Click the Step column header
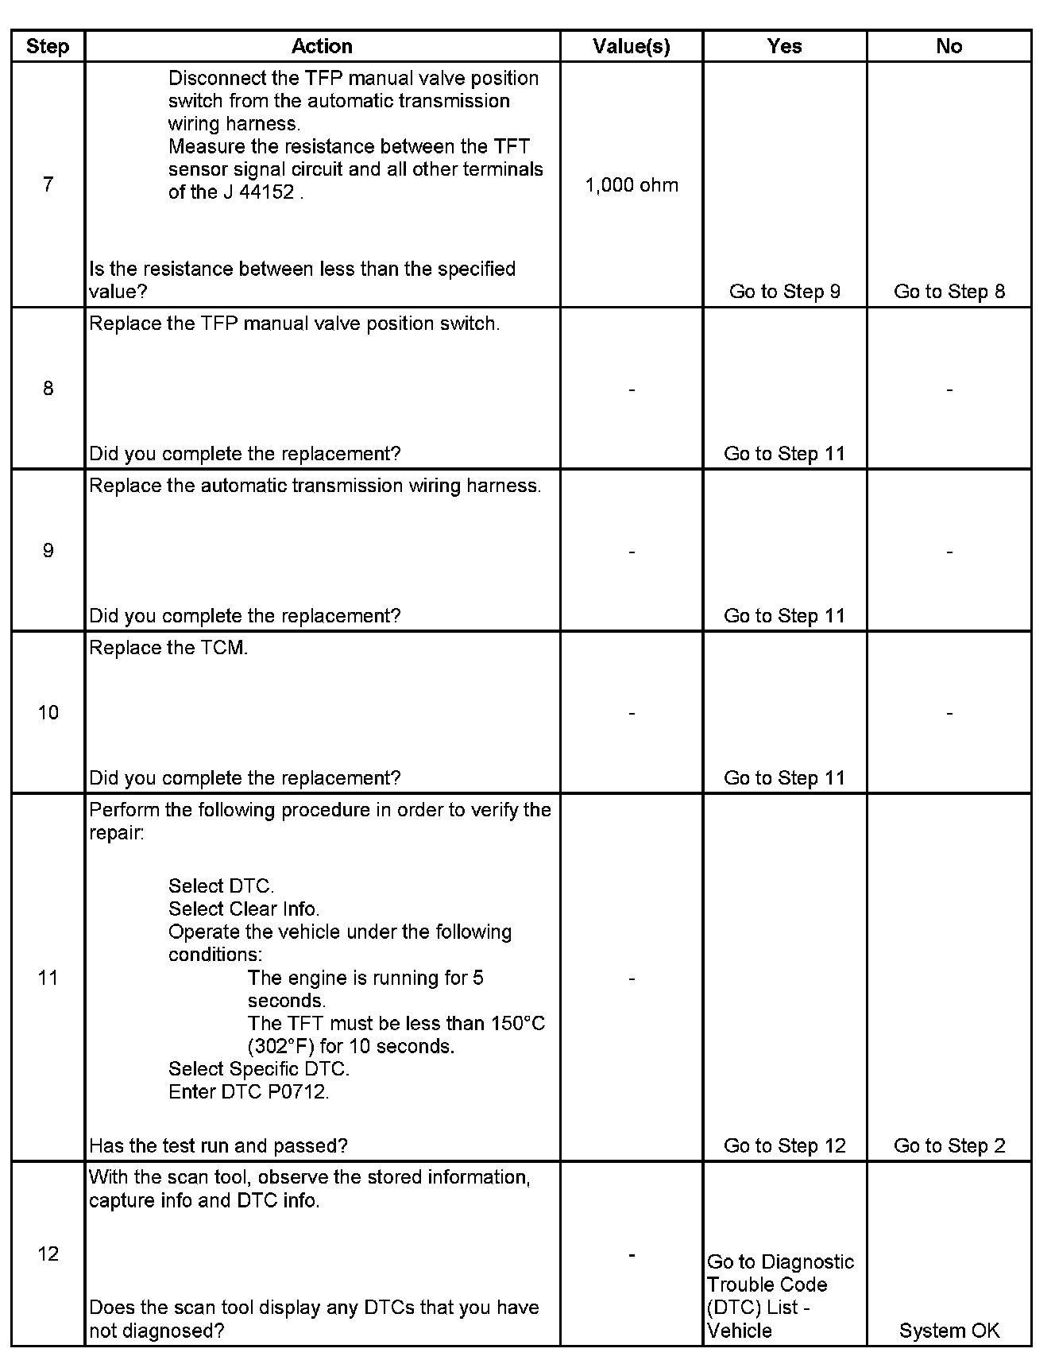pos(48,46)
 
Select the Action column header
pos(322,46)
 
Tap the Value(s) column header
pos(632,46)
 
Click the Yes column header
pos(784,46)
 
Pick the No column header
pos(949,46)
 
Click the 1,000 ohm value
pos(632,185)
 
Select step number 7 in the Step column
pos(48,184)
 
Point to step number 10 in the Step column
pos(48,712)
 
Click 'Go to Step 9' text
pos(784,292)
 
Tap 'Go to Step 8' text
pos(949,292)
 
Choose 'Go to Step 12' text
pos(784,1145)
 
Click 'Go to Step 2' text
pos(949,1145)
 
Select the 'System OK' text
pos(949,1331)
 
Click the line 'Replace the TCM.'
pos(168,648)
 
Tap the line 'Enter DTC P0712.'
pos(249,1091)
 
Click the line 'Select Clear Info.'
pos(244,909)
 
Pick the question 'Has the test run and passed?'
pos(218,1145)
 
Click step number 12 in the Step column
pos(48,1254)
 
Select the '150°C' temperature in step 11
pos(517,1023)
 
